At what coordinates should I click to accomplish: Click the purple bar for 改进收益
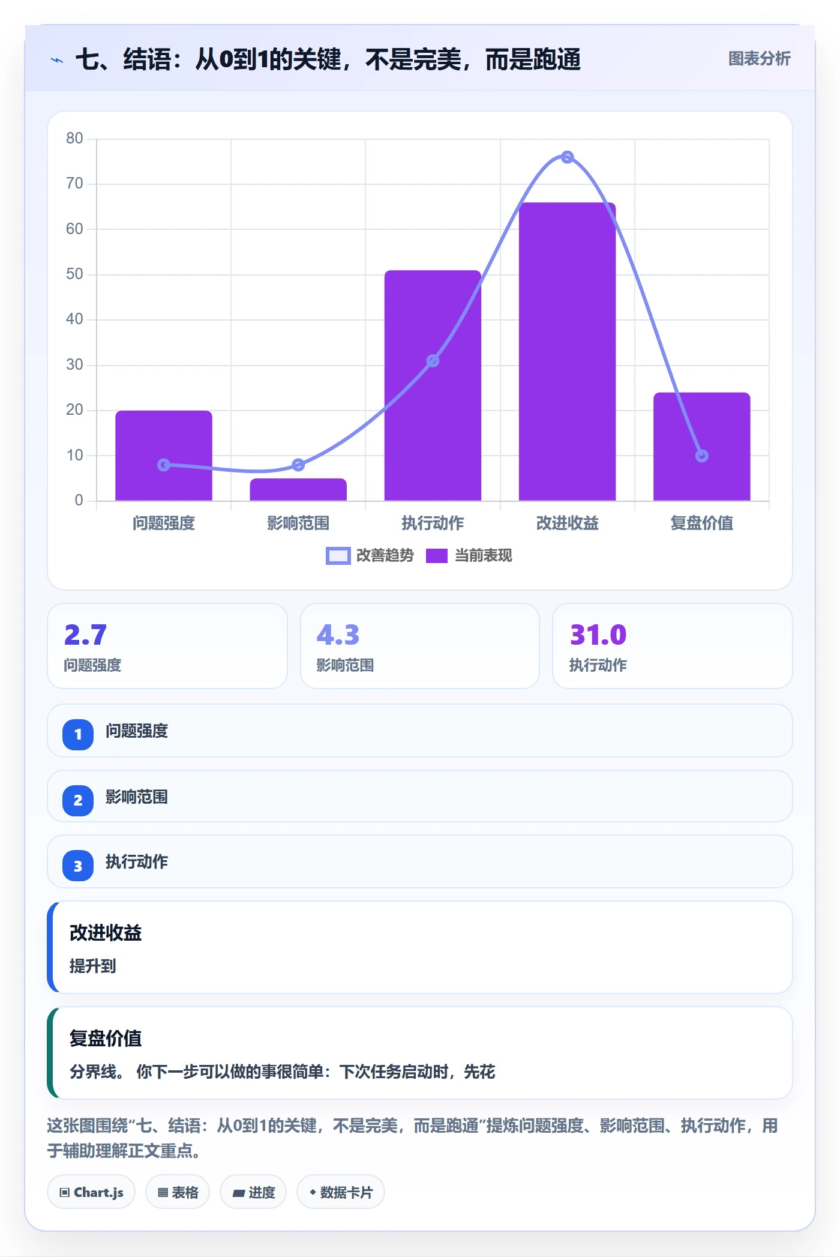pos(567,352)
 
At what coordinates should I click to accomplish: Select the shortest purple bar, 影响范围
pos(298,489)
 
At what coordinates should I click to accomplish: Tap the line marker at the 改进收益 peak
pos(567,157)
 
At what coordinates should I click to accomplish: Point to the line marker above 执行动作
pos(433,361)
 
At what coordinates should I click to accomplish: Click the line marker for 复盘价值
pos(701,456)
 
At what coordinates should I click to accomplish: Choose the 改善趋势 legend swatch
pos(338,556)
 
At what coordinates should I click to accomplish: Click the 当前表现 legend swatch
pos(437,556)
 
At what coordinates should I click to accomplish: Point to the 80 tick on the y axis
pos(74,139)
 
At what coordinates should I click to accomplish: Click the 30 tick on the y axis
pos(74,364)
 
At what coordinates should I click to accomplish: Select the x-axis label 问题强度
pos(164,523)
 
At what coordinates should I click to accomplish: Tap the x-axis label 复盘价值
pos(701,523)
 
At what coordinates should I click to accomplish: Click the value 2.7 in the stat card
pos(85,635)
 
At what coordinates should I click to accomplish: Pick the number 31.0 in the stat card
pos(598,635)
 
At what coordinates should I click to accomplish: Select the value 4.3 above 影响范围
pos(338,635)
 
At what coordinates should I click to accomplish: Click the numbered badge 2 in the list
pos(78,800)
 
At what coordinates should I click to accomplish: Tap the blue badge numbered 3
pos(78,866)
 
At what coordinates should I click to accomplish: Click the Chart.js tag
pos(91,1192)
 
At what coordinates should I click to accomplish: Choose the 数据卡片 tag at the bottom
pos(341,1192)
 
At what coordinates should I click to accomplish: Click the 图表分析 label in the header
pos(759,58)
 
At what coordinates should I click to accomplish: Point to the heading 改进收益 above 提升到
pos(106,933)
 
